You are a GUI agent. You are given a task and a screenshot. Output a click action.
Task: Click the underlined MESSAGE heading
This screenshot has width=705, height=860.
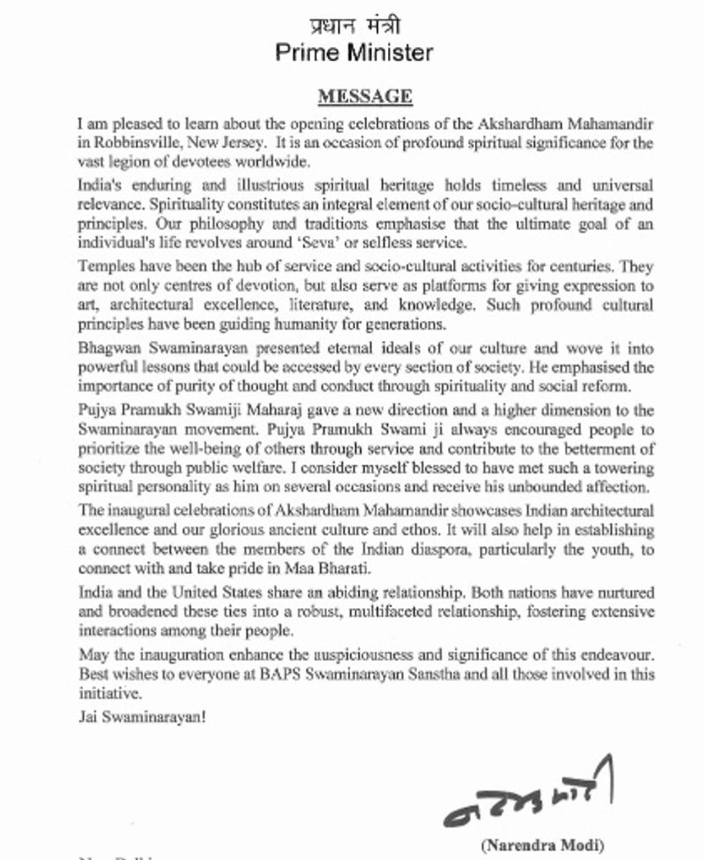click(x=365, y=96)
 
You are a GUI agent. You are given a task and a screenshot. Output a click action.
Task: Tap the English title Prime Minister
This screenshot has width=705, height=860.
click(x=354, y=53)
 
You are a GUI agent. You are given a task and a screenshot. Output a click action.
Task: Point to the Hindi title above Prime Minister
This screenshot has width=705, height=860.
click(x=355, y=26)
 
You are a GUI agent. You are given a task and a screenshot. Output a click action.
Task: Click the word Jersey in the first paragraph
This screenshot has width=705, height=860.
click(x=242, y=143)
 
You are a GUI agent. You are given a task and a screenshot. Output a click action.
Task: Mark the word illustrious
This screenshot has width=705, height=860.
click(x=270, y=185)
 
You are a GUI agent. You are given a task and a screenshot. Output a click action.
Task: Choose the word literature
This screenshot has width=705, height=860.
click(x=321, y=305)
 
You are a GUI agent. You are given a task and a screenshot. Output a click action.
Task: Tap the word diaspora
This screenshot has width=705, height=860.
click(x=442, y=549)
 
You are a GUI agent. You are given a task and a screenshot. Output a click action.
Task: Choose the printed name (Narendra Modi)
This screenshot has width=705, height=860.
click(x=543, y=845)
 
